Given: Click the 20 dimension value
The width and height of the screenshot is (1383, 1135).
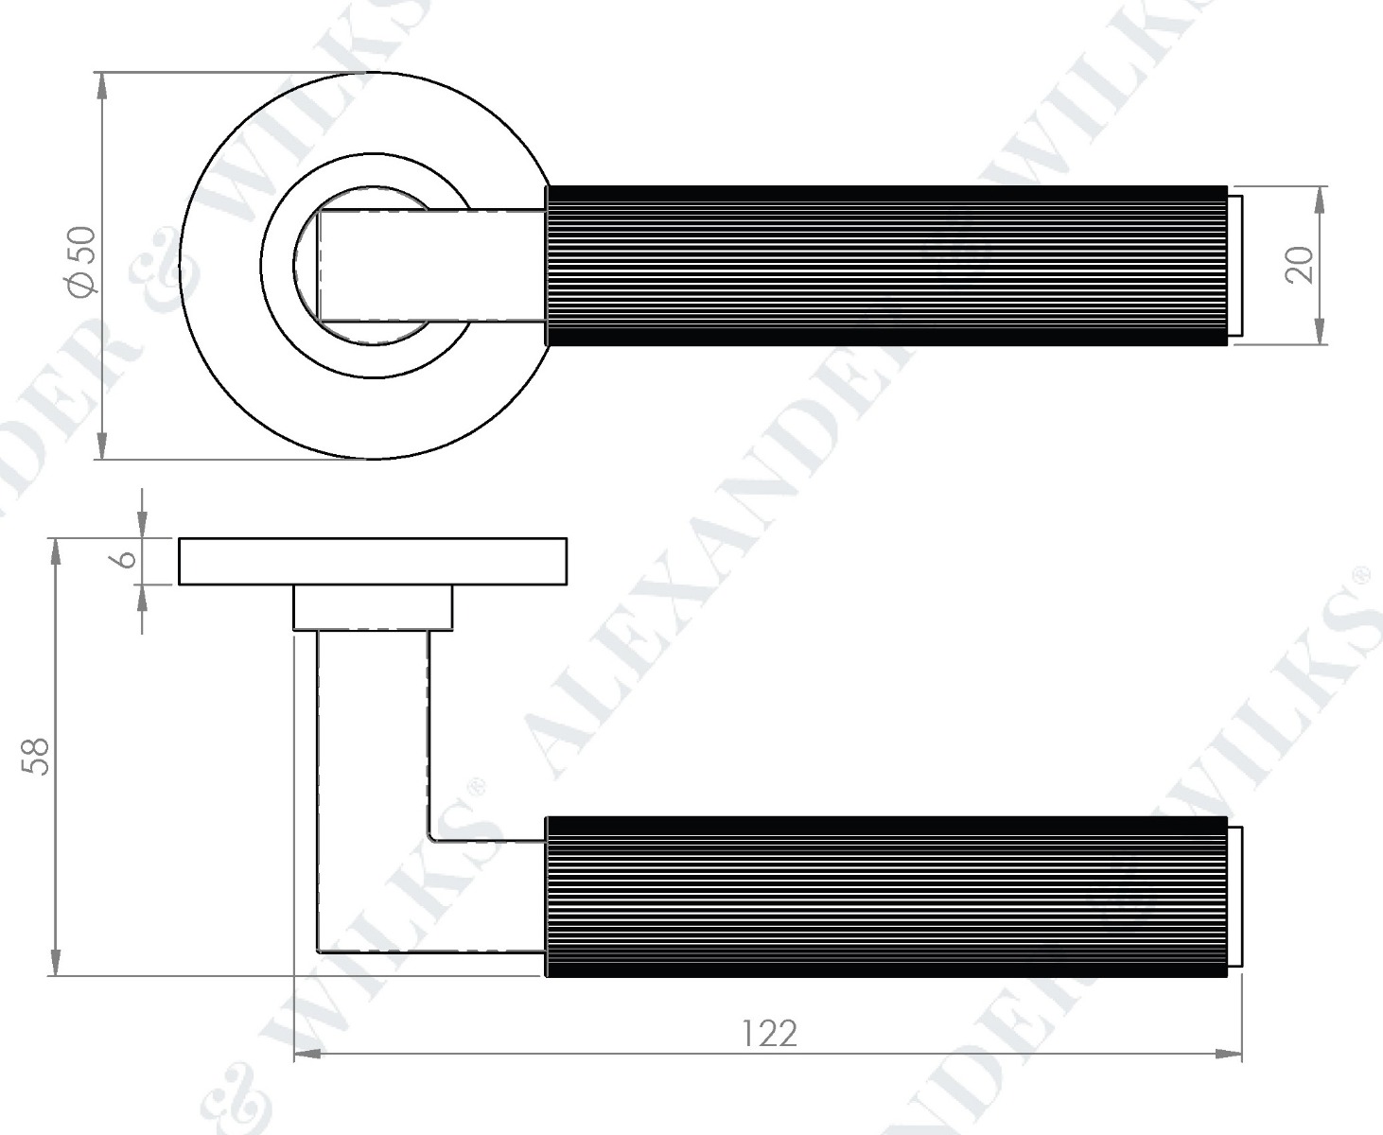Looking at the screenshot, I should (x=1300, y=265).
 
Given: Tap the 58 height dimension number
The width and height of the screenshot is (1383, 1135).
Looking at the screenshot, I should (x=35, y=756).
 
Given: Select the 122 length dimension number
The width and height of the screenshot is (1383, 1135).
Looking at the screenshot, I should (x=768, y=1033).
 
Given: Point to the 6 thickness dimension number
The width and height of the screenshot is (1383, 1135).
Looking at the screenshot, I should (x=123, y=559).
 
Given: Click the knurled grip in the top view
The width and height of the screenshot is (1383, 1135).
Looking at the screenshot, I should (x=886, y=265).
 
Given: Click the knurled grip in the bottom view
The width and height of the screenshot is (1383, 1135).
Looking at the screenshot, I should (x=886, y=896).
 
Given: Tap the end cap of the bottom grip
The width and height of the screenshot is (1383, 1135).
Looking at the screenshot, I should (x=1234, y=896).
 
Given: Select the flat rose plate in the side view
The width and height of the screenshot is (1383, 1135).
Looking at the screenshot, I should (x=373, y=561).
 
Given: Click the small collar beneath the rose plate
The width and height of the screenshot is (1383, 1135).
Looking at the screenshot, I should (x=373, y=607).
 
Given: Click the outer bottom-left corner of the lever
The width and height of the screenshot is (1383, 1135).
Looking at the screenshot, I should (x=319, y=949).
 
